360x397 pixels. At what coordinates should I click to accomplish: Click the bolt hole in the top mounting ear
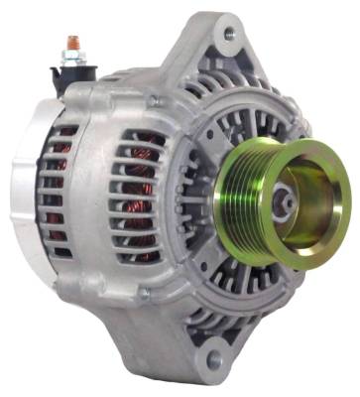(x=230, y=35)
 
